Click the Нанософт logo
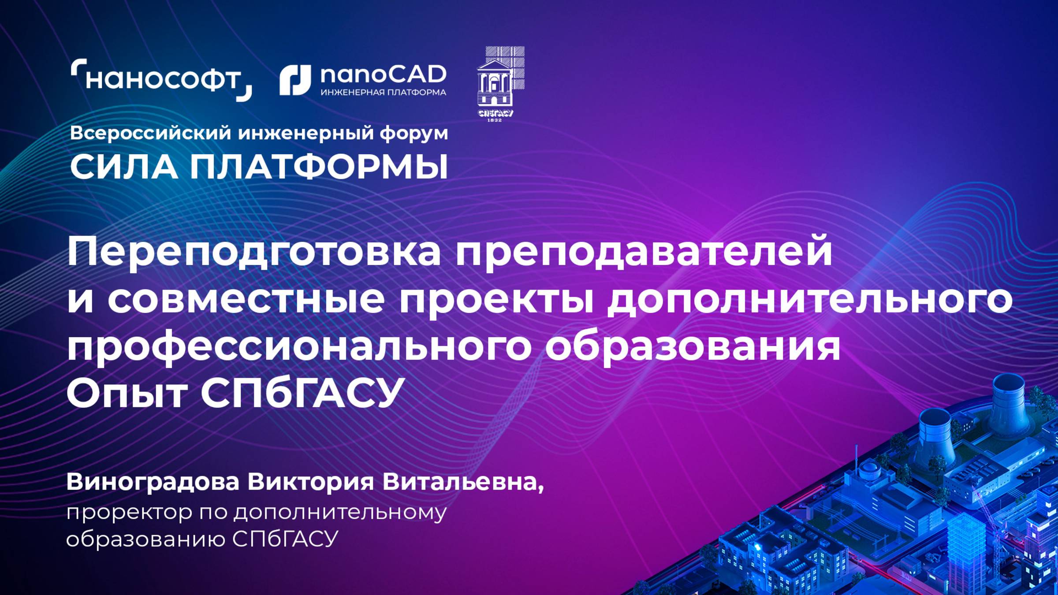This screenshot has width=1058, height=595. (161, 80)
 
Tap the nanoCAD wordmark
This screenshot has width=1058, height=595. (383, 75)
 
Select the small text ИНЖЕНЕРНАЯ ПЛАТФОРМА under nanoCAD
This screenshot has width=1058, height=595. (383, 93)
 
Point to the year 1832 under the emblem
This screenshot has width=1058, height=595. (495, 120)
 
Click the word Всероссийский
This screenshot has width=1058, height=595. (150, 133)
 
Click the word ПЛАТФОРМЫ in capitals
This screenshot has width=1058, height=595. (319, 167)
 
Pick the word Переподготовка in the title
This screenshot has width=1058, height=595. (253, 252)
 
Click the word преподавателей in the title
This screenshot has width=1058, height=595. (644, 252)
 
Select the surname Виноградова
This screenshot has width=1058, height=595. (153, 482)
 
